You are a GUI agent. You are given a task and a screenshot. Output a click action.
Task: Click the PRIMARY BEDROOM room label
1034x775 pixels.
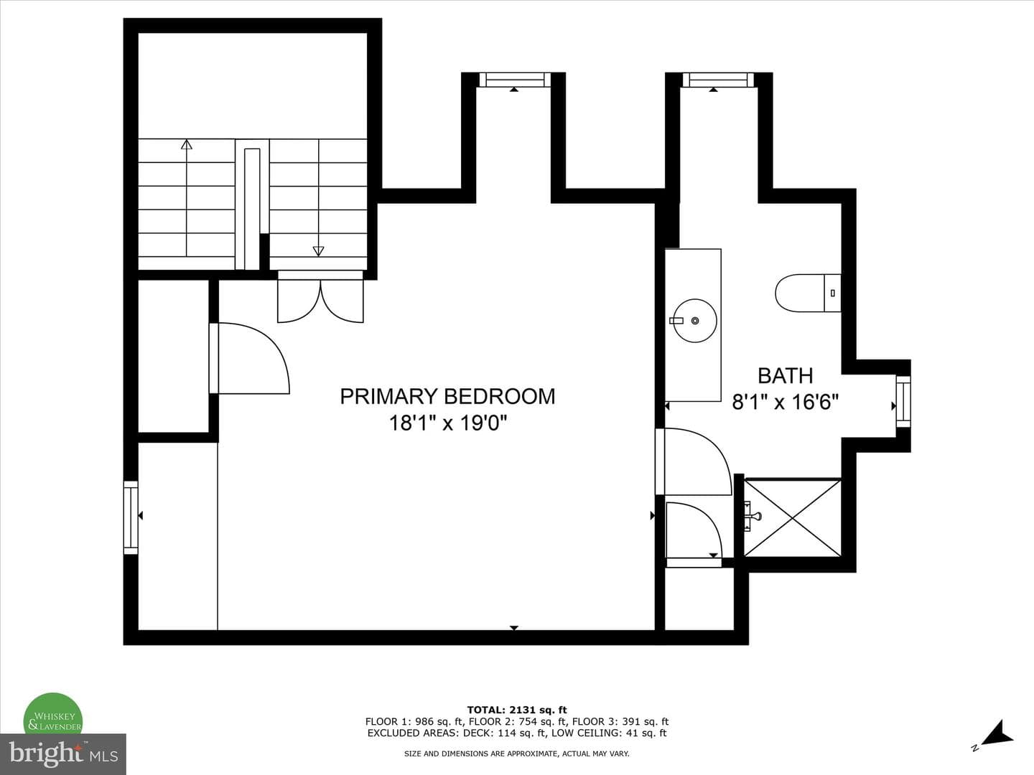coord(447,396)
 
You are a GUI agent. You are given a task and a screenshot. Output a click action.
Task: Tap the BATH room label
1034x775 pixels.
coord(786,375)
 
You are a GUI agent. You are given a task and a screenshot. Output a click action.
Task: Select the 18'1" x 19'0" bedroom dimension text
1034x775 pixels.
coord(447,423)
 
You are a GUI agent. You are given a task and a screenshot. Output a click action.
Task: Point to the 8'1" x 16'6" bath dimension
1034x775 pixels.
coord(786,403)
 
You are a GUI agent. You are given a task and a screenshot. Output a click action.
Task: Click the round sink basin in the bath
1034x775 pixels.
coord(695,321)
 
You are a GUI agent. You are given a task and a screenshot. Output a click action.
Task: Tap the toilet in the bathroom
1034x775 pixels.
coord(809,293)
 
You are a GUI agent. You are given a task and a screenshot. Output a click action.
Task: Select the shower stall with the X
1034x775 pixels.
coord(793,518)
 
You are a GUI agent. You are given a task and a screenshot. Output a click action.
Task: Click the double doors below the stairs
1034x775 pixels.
coord(320,297)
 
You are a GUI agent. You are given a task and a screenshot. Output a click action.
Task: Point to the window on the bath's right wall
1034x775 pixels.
coord(903,401)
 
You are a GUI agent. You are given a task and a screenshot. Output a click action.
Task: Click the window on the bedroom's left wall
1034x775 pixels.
coord(131,517)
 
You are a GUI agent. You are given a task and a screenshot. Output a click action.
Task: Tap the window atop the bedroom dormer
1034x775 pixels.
coord(515,80)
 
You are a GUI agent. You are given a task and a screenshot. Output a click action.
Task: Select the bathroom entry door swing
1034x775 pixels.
coord(694,461)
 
